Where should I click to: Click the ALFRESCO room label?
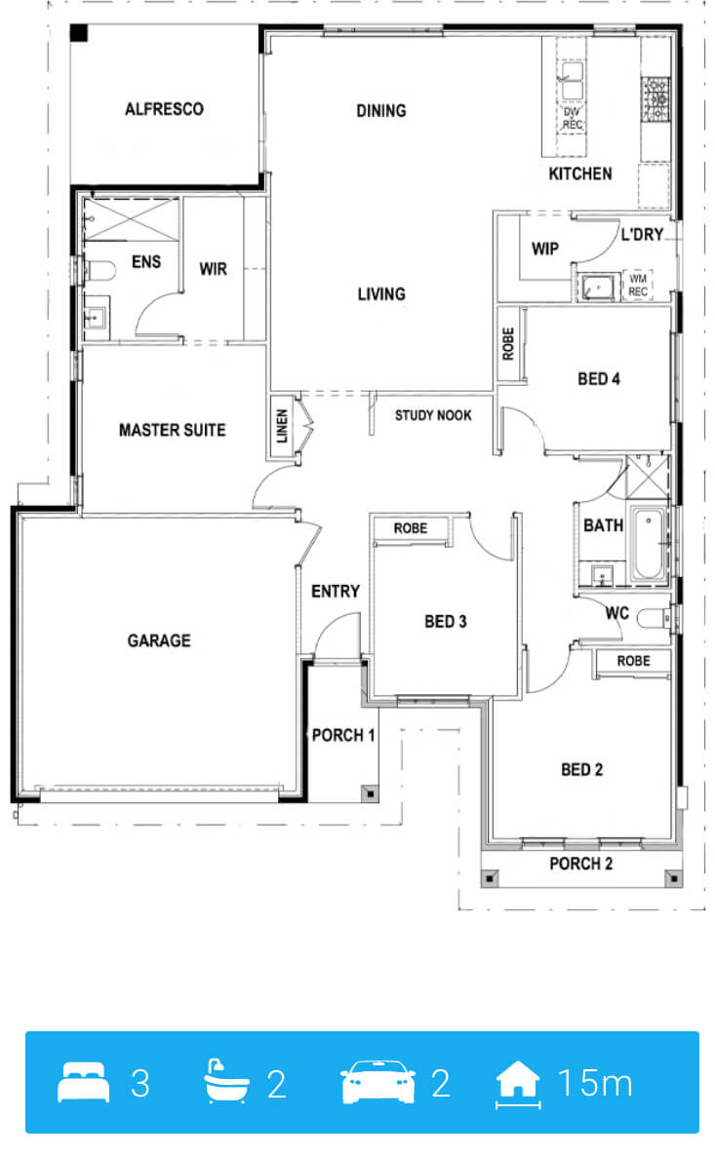tap(164, 109)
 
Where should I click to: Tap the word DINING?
tap(380, 110)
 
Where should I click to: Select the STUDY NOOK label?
tap(433, 415)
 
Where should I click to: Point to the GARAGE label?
tap(159, 640)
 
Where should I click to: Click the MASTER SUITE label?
tap(172, 430)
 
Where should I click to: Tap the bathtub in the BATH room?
tap(649, 543)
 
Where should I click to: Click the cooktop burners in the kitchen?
tap(655, 98)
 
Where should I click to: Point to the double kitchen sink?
tap(572, 80)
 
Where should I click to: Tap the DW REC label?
tap(572, 118)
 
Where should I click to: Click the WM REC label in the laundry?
tap(638, 286)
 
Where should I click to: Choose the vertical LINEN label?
tap(282, 427)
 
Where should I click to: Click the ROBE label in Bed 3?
tap(411, 528)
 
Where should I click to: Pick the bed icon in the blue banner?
tap(83, 1082)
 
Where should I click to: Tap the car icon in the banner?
tap(377, 1082)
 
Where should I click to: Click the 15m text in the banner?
tap(595, 1083)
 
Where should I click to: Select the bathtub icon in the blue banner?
tap(224, 1082)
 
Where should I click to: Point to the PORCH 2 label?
tap(580, 864)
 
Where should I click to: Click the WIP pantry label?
tap(544, 249)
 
